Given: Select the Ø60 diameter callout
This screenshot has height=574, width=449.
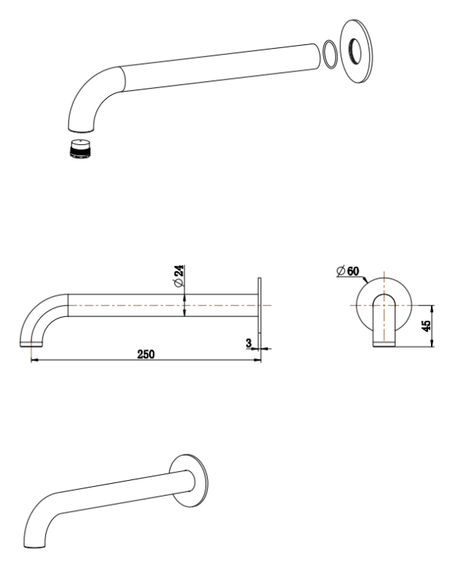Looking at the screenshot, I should [347, 269].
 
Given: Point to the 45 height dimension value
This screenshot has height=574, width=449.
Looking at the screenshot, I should [426, 325].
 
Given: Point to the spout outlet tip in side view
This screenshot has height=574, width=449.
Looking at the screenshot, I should [29, 344].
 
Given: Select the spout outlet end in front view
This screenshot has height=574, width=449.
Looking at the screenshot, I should [384, 344].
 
